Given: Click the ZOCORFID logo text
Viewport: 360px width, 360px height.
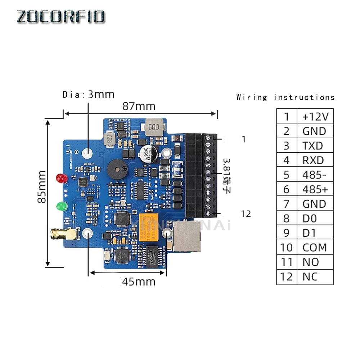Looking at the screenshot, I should (x=61, y=17).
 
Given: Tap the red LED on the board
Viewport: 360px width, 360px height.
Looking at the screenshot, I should (x=62, y=178).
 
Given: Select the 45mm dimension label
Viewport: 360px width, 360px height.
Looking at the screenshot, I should (x=139, y=282).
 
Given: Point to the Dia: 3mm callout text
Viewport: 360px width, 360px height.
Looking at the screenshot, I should (x=89, y=94).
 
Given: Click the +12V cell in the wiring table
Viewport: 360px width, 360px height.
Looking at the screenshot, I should (x=315, y=117).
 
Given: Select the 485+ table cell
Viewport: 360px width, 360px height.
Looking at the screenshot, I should (x=315, y=189).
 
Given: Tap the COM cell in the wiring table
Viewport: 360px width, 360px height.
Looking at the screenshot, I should (x=315, y=248).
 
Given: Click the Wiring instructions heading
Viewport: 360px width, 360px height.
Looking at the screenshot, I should (x=285, y=97).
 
